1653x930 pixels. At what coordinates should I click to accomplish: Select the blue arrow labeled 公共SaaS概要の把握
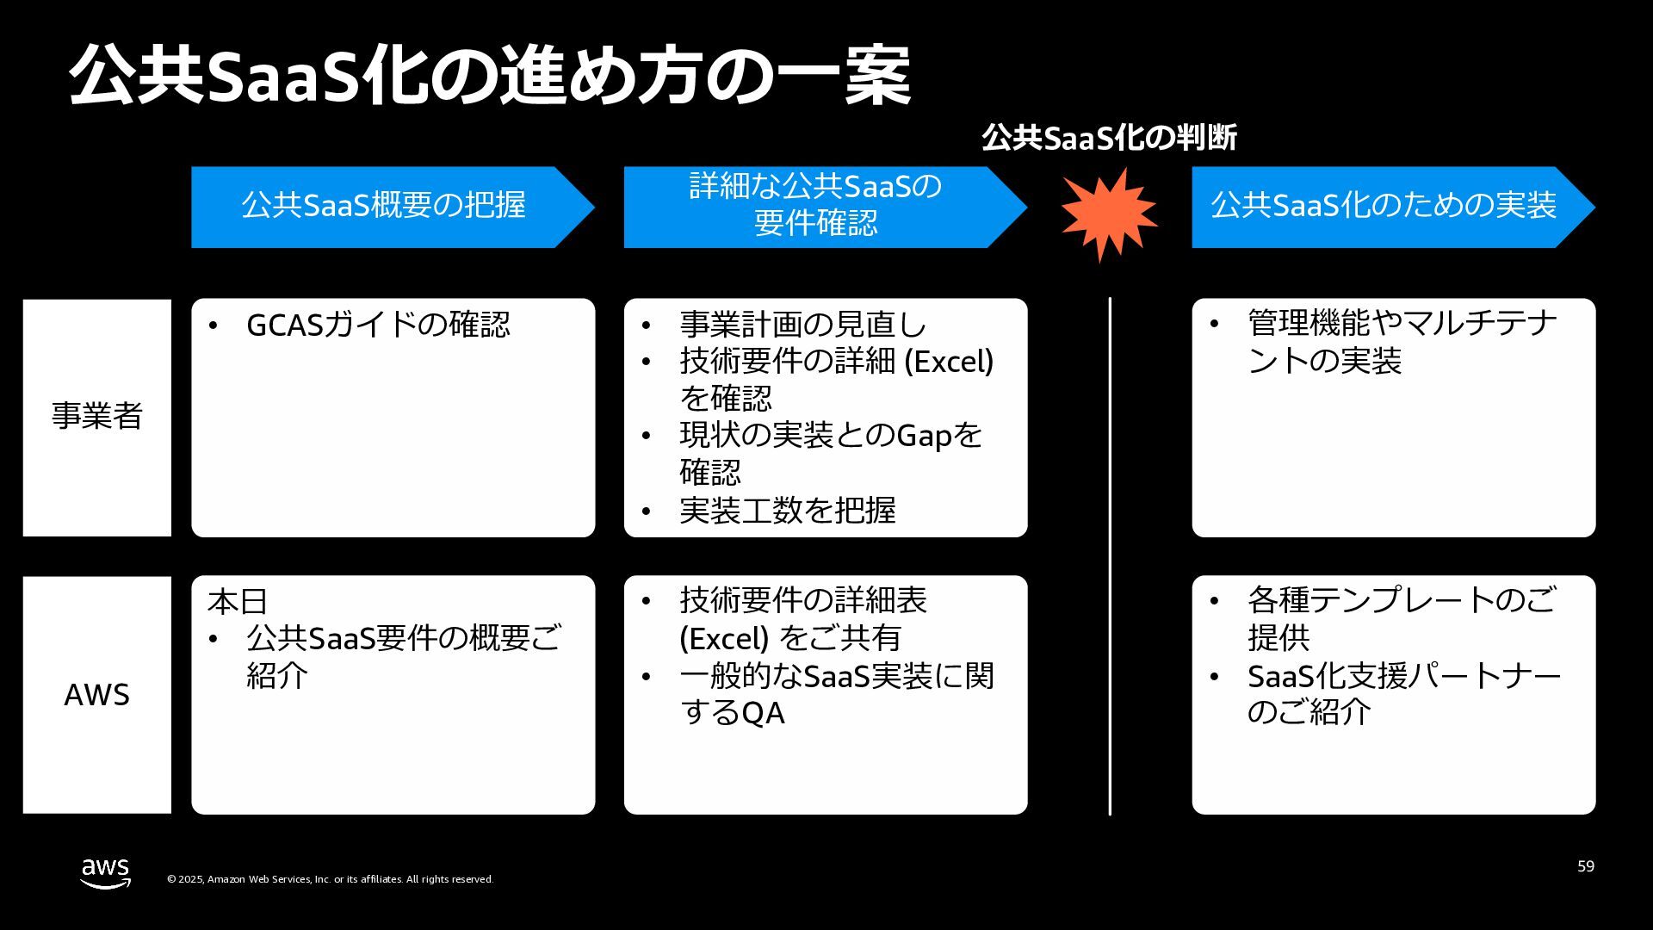pos(384,207)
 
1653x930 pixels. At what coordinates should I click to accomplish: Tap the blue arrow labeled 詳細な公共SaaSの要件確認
pos(815,207)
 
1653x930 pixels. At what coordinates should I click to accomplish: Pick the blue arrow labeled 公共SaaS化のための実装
pos(1384,207)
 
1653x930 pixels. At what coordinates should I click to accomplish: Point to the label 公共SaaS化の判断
pos(1109,138)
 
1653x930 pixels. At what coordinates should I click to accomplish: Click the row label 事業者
pos(97,417)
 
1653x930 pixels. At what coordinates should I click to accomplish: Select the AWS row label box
pos(97,694)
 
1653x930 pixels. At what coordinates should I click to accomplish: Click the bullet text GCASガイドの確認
pos(378,325)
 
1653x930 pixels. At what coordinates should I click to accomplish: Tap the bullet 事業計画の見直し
pos(802,325)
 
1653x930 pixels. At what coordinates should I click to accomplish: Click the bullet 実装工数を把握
pos(787,511)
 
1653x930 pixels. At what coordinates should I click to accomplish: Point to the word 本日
pos(238,601)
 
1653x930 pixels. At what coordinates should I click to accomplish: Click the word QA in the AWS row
pos(763,713)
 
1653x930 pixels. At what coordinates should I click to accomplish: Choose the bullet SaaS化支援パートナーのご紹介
pos(1403,694)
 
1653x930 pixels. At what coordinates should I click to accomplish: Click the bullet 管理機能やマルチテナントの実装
pos(1402,342)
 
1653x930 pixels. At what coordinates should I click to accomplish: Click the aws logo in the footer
pos(105,872)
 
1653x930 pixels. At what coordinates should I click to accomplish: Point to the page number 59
pos(1586,866)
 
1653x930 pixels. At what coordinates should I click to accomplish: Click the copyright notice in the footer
pos(330,879)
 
